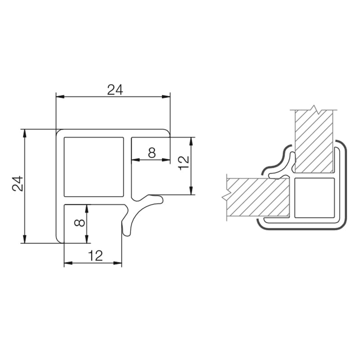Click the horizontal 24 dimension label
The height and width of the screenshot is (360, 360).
(115, 90)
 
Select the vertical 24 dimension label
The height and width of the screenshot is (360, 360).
(18, 184)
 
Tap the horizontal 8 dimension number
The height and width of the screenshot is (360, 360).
(152, 153)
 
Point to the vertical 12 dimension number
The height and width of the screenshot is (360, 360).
(184, 163)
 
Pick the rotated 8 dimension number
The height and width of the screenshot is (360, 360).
(80, 223)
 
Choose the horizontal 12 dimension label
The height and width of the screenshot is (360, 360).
(95, 256)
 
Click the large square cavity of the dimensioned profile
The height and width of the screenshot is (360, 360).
(94, 167)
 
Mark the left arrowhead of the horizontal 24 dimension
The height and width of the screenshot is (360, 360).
(60, 97)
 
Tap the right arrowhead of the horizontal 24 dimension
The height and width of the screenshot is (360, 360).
(166, 97)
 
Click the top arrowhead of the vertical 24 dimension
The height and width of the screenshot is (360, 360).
(25, 133)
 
